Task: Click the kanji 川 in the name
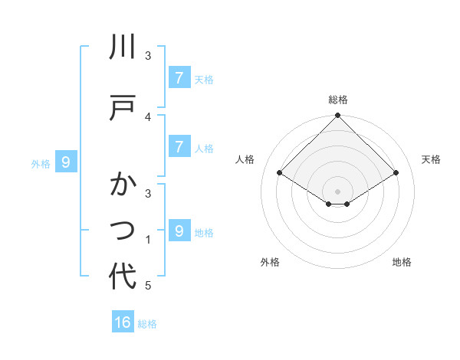[x=123, y=47]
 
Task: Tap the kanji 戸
[x=123, y=106]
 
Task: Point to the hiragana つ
[x=123, y=228]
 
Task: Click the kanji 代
[x=123, y=277]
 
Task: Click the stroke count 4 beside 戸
[x=148, y=116]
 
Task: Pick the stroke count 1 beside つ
[x=148, y=240]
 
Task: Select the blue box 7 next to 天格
[x=179, y=77]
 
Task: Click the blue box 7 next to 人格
[x=179, y=146]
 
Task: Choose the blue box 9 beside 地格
[x=179, y=231]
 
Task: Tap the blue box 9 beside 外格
[x=66, y=162]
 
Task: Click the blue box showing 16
[x=123, y=322]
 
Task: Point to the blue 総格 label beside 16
[x=147, y=324]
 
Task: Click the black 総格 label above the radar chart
[x=338, y=100]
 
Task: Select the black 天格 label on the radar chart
[x=432, y=159]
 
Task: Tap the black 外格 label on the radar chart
[x=270, y=262]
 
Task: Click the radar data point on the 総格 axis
[x=338, y=116]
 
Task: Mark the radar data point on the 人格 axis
[x=280, y=173]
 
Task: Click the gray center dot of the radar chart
[x=338, y=191]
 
